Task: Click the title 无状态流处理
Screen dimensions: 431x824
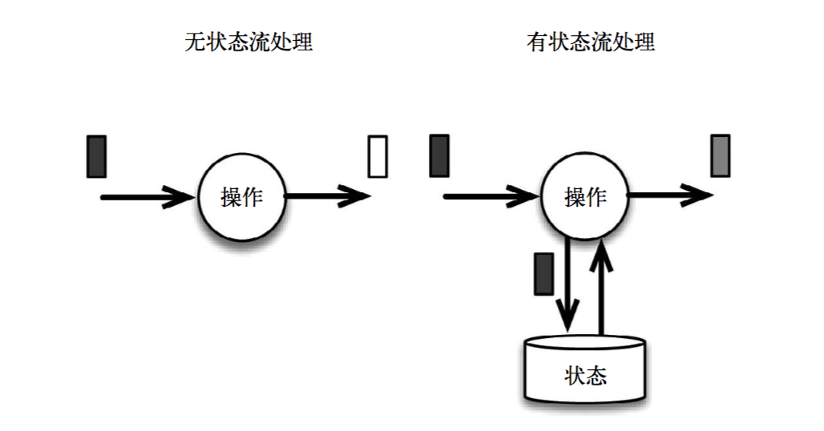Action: (x=248, y=42)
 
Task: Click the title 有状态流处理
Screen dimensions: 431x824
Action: (x=591, y=42)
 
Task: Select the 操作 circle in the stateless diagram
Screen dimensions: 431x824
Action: (x=241, y=195)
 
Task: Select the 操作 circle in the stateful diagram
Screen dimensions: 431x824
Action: (x=584, y=195)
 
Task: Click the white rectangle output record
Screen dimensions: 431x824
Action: (x=378, y=156)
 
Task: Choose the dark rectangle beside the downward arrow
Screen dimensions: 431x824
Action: (x=543, y=273)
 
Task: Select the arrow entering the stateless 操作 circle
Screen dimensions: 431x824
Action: (x=148, y=195)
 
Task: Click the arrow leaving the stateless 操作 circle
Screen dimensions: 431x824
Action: (x=327, y=195)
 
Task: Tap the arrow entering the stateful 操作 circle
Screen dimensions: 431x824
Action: (x=491, y=195)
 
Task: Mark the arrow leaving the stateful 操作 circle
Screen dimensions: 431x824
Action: (x=669, y=195)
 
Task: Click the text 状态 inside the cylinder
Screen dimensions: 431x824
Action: (x=584, y=375)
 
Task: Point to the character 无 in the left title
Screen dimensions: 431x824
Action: (x=194, y=42)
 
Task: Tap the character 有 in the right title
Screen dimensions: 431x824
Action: (x=536, y=42)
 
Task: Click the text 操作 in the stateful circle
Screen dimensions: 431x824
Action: (x=584, y=196)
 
